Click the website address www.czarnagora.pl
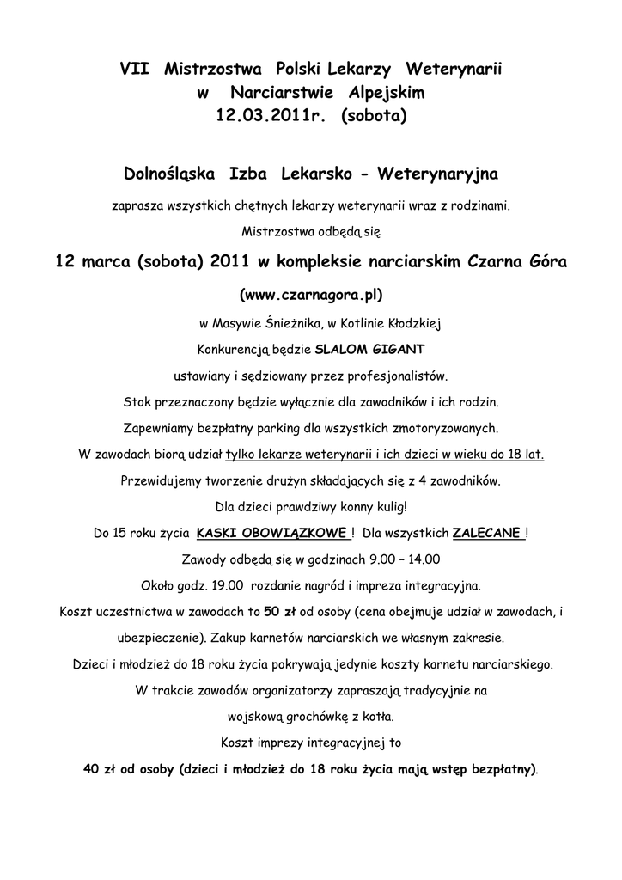point(310,295)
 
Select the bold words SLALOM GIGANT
point(369,351)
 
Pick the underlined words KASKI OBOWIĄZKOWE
point(272,533)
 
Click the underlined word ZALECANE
point(487,533)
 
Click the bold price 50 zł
point(279,612)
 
